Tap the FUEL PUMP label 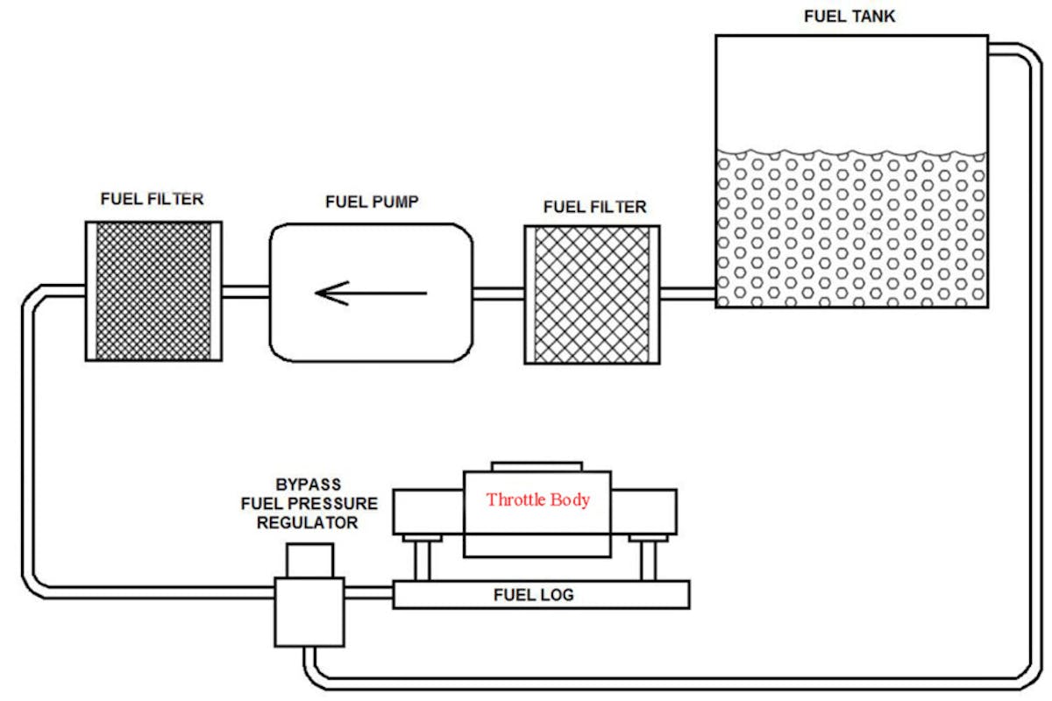tap(372, 202)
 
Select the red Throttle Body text tap(538, 500)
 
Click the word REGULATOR tap(311, 523)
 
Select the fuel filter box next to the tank tap(592, 294)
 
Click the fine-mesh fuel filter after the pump tap(153, 291)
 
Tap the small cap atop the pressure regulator tap(310, 560)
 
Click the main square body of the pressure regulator tap(310, 612)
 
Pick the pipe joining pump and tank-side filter tap(498, 294)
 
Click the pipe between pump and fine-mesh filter tap(245, 292)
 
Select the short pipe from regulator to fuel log tap(369, 593)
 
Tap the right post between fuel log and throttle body tap(650, 560)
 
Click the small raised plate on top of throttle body tap(537, 465)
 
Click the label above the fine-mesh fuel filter tap(152, 199)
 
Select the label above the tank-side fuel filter tap(594, 208)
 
